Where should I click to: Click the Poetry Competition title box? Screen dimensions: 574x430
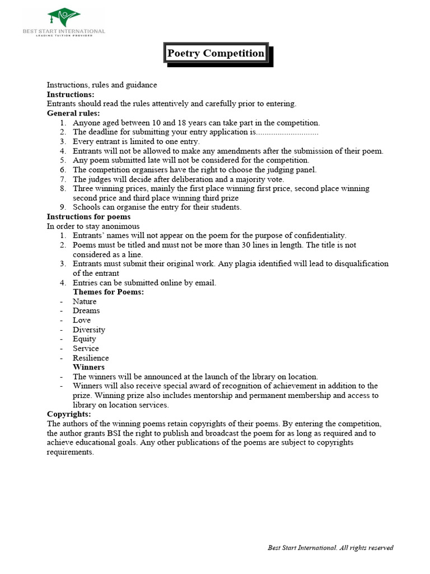point(216,54)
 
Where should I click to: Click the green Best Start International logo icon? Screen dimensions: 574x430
point(63,17)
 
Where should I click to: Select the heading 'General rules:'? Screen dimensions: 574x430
point(73,113)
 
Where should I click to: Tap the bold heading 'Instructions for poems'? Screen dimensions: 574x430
point(88,216)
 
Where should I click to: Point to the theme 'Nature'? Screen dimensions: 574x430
point(85,302)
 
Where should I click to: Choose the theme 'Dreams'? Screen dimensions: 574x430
point(86,311)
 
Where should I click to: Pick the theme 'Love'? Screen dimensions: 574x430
point(82,320)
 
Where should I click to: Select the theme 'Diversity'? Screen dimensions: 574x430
point(89,330)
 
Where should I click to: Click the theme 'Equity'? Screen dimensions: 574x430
point(85,339)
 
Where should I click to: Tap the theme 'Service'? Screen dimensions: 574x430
point(86,348)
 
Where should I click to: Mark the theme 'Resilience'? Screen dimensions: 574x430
point(91,358)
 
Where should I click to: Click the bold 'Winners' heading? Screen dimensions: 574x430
point(88,367)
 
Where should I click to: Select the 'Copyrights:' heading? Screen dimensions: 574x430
point(69,414)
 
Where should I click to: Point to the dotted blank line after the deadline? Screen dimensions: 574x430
point(288,132)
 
